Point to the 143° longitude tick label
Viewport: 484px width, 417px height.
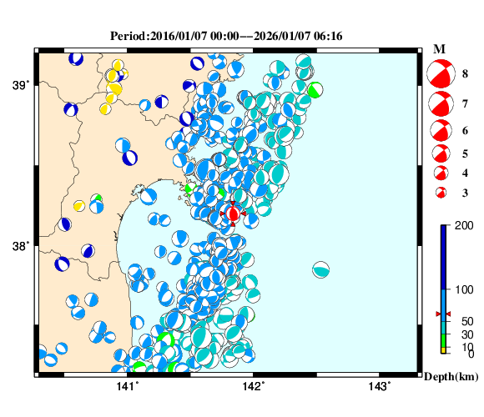[380, 385]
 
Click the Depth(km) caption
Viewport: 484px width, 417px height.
[451, 377]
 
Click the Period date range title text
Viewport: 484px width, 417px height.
[226, 36]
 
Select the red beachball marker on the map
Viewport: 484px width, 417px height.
[234, 214]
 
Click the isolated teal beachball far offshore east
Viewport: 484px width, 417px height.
[321, 269]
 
